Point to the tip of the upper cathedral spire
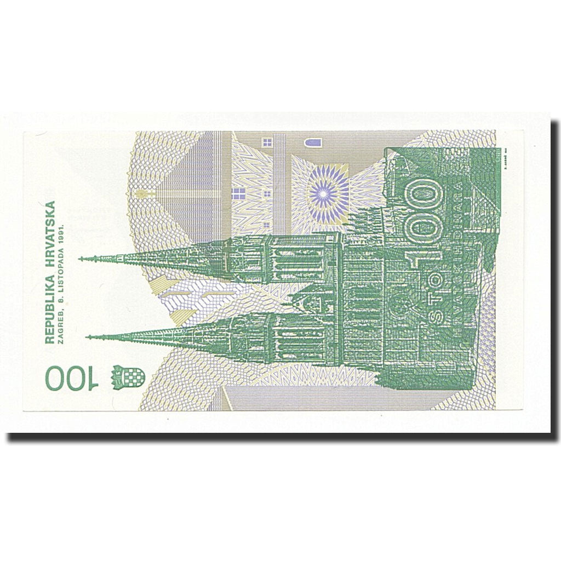81,259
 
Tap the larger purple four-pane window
239,193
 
